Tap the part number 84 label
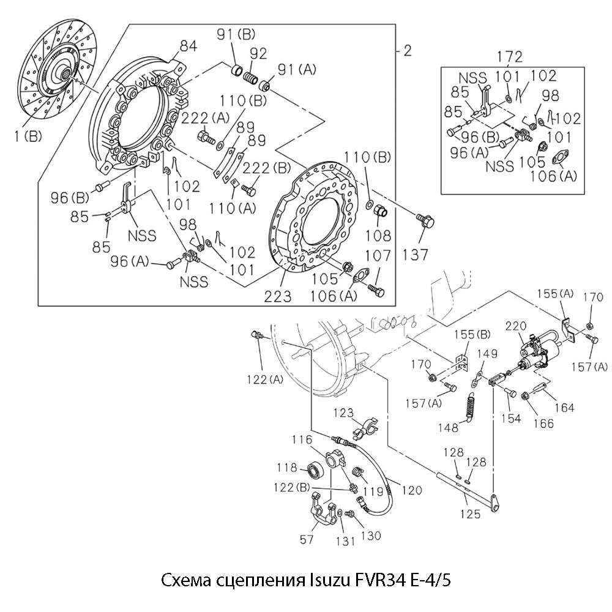point(188,46)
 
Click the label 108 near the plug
point(381,234)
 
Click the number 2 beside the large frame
point(407,51)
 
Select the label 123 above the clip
point(343,414)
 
